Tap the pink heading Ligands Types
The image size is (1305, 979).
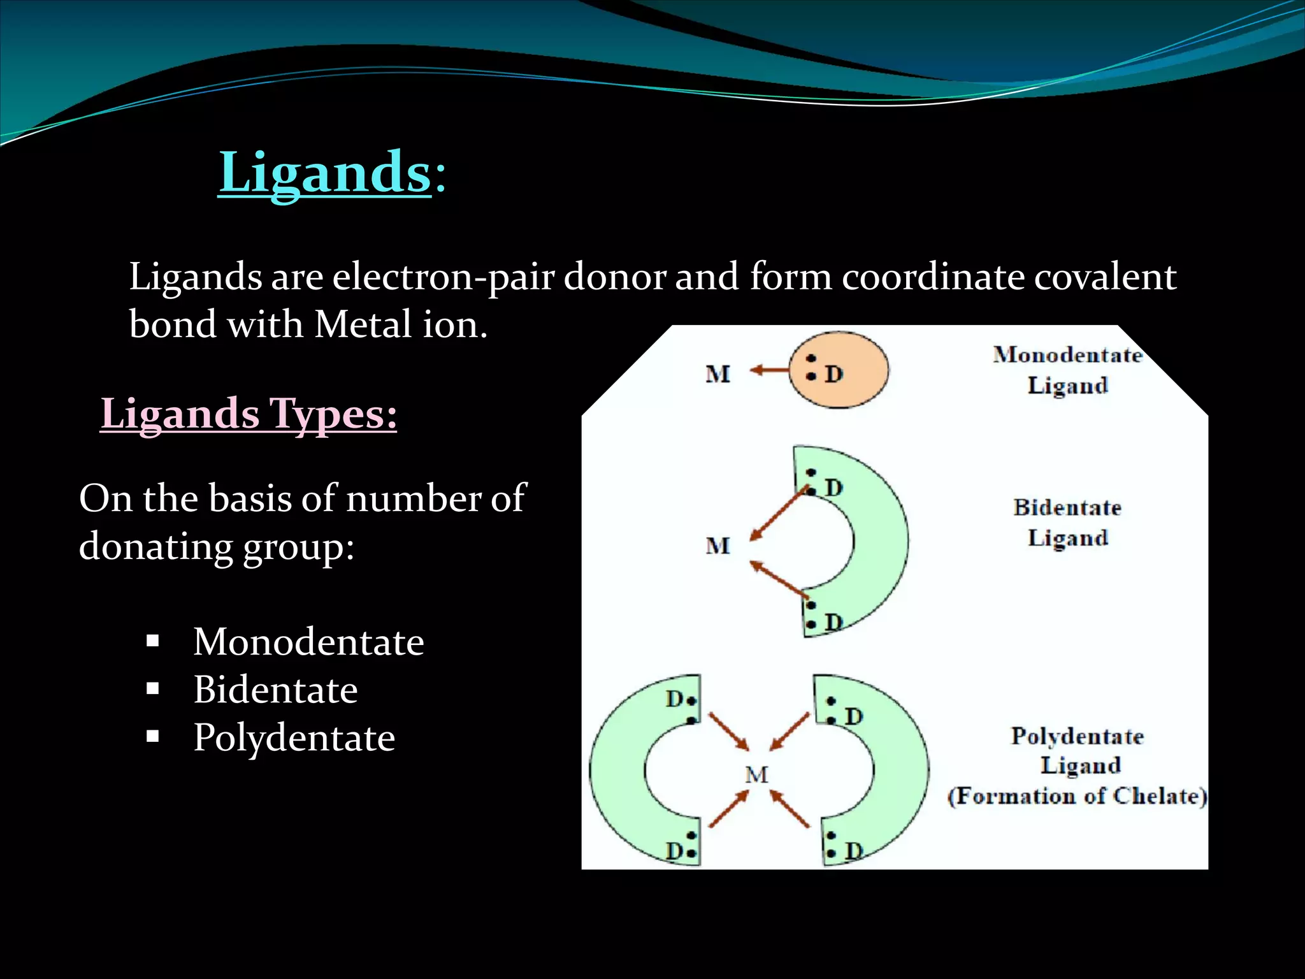tap(249, 414)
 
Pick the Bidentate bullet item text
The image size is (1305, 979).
tap(275, 690)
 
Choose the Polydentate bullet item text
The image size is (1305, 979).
tap(294, 738)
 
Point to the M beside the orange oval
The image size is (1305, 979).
tap(717, 374)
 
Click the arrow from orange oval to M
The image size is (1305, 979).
tap(768, 370)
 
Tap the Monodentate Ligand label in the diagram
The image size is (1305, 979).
tap(1067, 370)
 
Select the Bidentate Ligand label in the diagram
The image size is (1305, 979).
tap(1067, 522)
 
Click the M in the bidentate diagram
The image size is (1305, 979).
tap(717, 546)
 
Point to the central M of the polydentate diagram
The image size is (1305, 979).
tap(756, 775)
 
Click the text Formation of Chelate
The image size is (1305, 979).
tap(1077, 796)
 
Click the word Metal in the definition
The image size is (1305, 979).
tap(363, 324)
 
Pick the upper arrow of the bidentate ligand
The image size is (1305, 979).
tap(779, 514)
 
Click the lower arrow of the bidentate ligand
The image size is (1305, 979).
tap(779, 579)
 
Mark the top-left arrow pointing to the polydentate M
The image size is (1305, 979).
tap(729, 732)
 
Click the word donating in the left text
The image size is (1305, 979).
tap(155, 548)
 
